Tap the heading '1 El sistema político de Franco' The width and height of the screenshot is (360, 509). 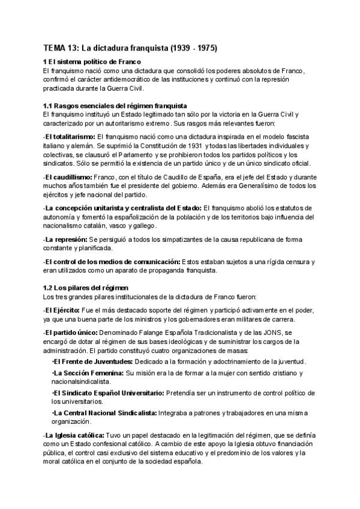pyautogui.click(x=92, y=62)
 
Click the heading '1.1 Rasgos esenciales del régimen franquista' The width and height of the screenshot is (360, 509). pyautogui.click(x=116, y=106)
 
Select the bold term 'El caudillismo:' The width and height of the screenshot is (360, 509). pyautogui.click(x=67, y=178)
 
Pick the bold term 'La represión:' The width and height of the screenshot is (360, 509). pyautogui.click(x=65, y=239)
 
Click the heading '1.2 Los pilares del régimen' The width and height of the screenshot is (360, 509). pyautogui.click(x=86, y=288)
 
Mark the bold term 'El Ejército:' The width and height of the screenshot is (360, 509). pyautogui.click(x=62, y=310)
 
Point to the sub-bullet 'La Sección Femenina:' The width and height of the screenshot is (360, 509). pyautogui.click(x=88, y=373)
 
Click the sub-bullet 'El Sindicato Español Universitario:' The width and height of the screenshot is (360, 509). pyautogui.click(x=108, y=393)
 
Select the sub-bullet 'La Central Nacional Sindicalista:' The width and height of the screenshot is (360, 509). pyautogui.click(x=104, y=413)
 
